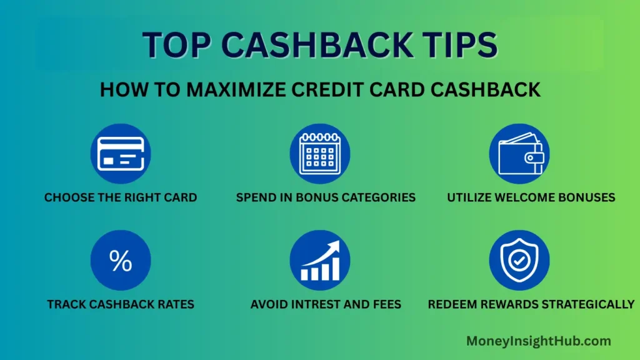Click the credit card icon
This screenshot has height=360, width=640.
tap(121, 154)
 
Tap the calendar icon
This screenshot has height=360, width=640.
tap(319, 154)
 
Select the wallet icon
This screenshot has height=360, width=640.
tap(519, 154)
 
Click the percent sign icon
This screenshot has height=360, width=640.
tap(121, 261)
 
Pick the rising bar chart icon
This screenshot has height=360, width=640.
tap(319, 261)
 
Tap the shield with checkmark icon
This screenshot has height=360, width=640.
tap(519, 261)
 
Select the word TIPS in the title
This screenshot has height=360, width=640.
tap(458, 45)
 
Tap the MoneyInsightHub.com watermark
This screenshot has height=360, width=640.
tap(538, 341)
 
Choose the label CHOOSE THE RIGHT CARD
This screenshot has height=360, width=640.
tap(121, 197)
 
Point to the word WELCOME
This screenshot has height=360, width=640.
tap(525, 197)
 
